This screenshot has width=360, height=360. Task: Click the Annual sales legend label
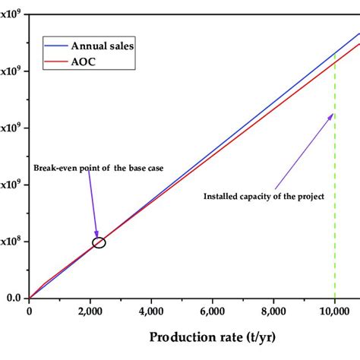click(102, 46)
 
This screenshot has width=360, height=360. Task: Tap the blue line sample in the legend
click(55, 46)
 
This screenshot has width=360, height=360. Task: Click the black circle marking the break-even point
click(99, 242)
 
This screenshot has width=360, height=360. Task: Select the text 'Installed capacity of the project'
click(264, 196)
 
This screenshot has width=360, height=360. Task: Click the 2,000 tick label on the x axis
click(90, 310)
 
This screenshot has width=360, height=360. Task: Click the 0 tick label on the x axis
click(29, 310)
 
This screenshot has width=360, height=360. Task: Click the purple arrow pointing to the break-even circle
click(93, 205)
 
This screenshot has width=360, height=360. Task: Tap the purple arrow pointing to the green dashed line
click(304, 152)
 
